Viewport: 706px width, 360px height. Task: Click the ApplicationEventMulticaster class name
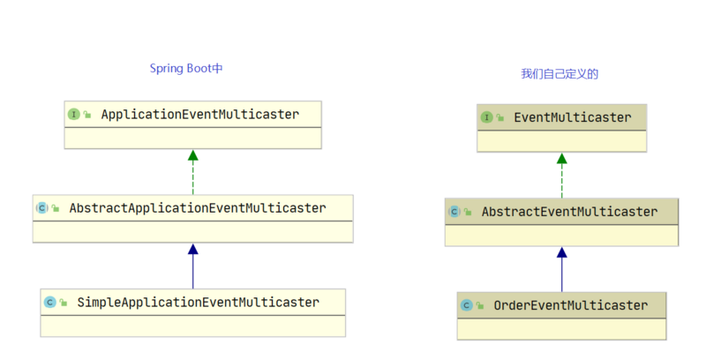click(x=199, y=115)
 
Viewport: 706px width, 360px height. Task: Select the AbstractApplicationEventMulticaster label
click(x=198, y=208)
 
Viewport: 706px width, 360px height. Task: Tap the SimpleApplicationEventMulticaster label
click(x=198, y=302)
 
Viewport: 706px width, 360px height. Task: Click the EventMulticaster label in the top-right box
click(x=572, y=117)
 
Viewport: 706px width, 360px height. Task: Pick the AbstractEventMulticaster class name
click(x=569, y=212)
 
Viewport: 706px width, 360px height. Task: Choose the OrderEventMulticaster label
click(x=570, y=305)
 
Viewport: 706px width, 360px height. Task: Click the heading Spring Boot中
click(x=185, y=69)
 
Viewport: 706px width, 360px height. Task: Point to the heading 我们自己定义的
click(x=560, y=74)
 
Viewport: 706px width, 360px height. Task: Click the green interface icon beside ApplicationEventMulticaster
click(x=74, y=115)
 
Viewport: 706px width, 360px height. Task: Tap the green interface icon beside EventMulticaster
click(x=487, y=117)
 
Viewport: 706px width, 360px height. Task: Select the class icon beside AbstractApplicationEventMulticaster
click(x=41, y=208)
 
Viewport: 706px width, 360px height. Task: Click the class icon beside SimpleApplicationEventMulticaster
click(x=50, y=302)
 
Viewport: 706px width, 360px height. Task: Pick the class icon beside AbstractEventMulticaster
click(x=454, y=212)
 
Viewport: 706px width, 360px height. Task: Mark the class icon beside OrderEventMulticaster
click(x=466, y=305)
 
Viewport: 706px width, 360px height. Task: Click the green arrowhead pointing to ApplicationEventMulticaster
click(x=192, y=156)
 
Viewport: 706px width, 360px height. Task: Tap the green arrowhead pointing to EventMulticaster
click(x=561, y=160)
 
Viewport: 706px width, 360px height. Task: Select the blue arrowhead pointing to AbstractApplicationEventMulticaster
click(x=192, y=250)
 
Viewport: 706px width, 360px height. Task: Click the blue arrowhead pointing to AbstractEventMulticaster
click(x=561, y=253)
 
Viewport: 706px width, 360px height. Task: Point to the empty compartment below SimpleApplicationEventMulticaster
click(x=192, y=325)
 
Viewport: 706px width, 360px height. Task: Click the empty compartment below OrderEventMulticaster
click(x=561, y=329)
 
